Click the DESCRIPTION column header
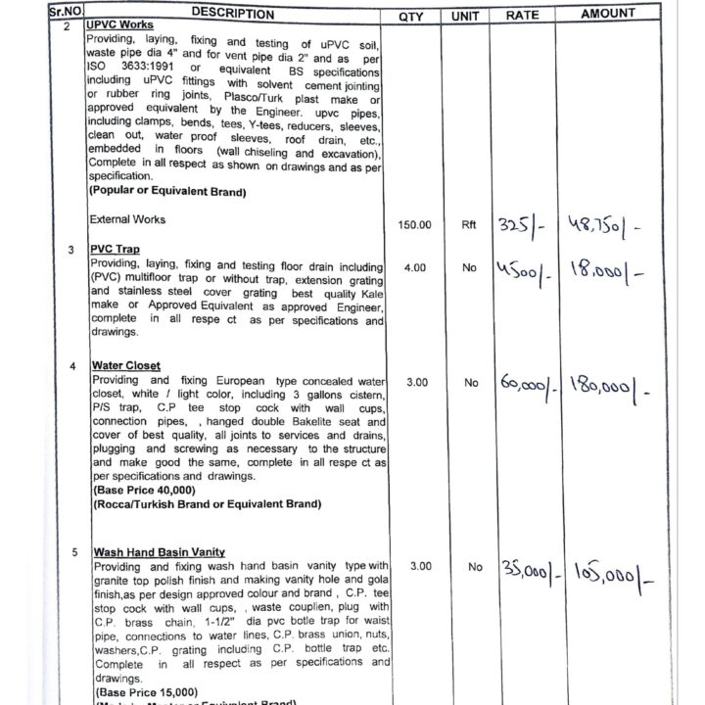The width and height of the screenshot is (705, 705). (233, 14)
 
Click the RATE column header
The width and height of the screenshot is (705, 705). (522, 17)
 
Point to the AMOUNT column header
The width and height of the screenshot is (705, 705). (607, 14)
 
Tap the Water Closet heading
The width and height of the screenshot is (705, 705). (127, 366)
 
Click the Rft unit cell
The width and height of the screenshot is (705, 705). (470, 225)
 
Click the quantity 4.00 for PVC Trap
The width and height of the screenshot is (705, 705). (415, 267)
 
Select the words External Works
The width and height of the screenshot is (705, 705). (127, 219)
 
